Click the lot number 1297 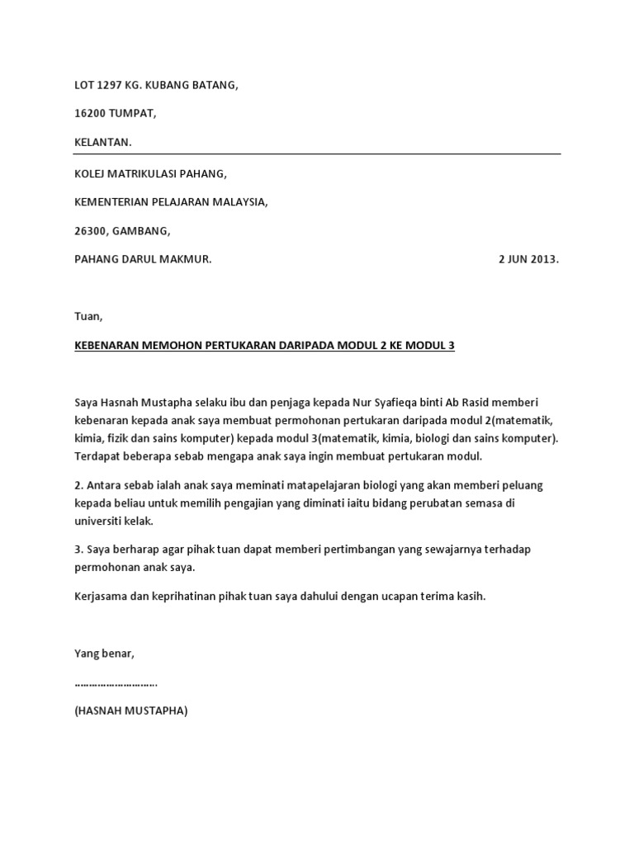tap(111, 85)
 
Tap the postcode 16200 tap(91, 114)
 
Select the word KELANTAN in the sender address tap(102, 143)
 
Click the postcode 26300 tap(90, 231)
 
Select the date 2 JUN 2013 tap(528, 259)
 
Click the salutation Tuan tap(88, 316)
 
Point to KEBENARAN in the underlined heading tap(106, 346)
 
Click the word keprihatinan tap(170, 597)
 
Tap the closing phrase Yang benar tap(104, 654)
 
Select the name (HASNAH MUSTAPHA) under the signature tap(130, 710)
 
